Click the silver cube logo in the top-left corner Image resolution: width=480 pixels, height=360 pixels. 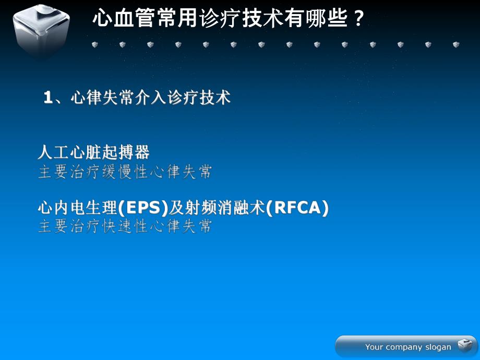[x=41, y=30]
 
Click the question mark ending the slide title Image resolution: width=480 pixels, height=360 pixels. [x=358, y=19]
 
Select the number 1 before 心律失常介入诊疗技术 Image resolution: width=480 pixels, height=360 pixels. [x=48, y=98]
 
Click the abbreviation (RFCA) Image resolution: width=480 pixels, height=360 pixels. [x=297, y=208]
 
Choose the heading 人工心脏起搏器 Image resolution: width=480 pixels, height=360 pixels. [x=94, y=152]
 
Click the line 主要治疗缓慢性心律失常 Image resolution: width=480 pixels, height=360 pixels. [x=125, y=172]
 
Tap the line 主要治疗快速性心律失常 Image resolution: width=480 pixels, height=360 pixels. [x=125, y=226]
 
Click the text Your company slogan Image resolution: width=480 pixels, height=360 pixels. [x=408, y=347]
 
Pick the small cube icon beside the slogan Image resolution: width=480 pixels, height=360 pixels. [x=464, y=345]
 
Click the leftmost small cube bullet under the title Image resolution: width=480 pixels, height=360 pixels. [x=94, y=45]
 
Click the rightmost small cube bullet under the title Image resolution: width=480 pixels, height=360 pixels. [x=456, y=45]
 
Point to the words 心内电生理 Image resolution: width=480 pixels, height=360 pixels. [x=77, y=208]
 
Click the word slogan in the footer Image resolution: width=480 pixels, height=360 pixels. [x=438, y=347]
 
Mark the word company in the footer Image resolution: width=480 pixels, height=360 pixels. [x=403, y=347]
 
